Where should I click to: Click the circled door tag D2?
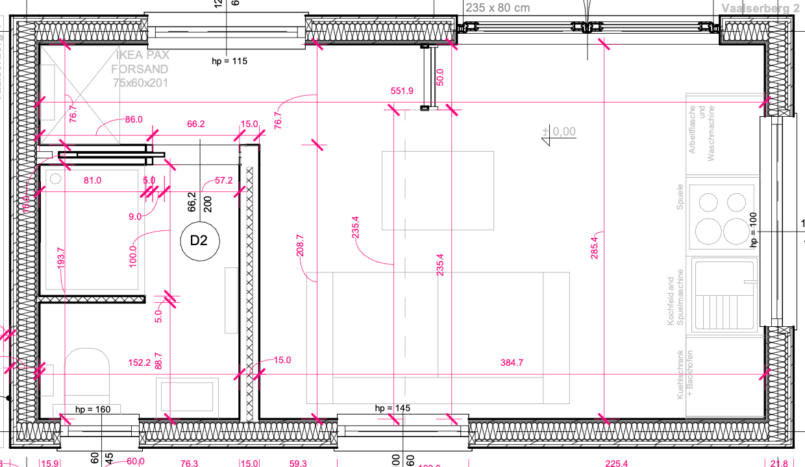pyautogui.click(x=199, y=241)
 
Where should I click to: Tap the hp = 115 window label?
pyautogui.click(x=230, y=62)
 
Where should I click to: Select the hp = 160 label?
pyautogui.click(x=93, y=409)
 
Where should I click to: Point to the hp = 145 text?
pyautogui.click(x=393, y=408)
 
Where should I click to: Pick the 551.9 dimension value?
pyautogui.click(x=402, y=91)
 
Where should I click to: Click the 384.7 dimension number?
pyautogui.click(x=512, y=363)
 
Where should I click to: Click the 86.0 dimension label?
pyautogui.click(x=134, y=120)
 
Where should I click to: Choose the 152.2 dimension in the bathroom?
pyautogui.click(x=139, y=363)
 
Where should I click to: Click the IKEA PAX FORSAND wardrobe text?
pyautogui.click(x=140, y=69)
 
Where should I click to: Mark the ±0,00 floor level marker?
pyautogui.click(x=559, y=132)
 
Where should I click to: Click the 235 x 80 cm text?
pyautogui.click(x=497, y=8)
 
